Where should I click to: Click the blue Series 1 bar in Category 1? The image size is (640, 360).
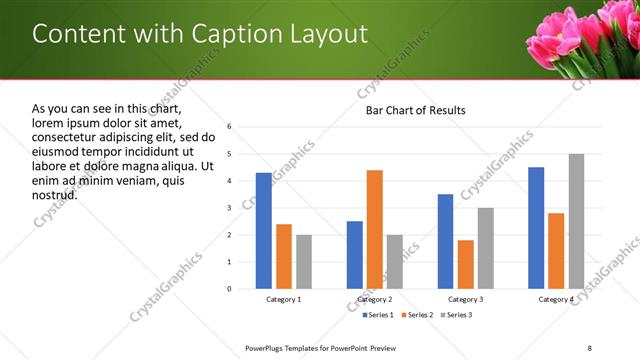click(263, 230)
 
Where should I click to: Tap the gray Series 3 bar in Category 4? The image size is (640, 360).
click(576, 221)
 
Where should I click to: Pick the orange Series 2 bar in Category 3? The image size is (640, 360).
click(465, 264)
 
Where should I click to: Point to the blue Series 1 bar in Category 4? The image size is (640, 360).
click(536, 228)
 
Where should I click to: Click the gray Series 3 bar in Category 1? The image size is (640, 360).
click(303, 261)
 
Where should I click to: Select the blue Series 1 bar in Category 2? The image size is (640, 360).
click(355, 254)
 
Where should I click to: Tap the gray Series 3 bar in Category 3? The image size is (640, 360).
click(485, 248)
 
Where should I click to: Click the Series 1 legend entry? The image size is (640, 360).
click(378, 315)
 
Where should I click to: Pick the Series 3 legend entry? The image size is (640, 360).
click(458, 315)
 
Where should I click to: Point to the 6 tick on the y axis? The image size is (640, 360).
click(229, 127)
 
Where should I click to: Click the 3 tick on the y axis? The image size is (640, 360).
click(229, 208)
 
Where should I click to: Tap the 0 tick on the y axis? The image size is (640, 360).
click(229, 289)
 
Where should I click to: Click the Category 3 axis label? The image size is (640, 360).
click(465, 299)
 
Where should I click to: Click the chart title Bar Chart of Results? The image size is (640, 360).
click(415, 109)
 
